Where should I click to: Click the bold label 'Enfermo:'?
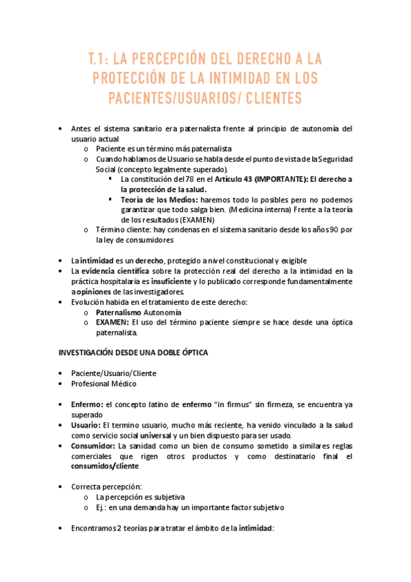tap(87, 404)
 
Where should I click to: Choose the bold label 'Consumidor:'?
tap(94, 445)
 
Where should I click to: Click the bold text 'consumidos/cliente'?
tap(104, 466)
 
